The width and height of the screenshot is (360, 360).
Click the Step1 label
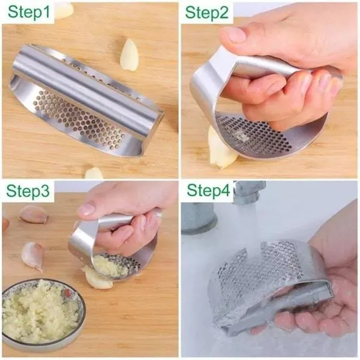29,12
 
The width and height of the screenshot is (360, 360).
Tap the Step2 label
206,13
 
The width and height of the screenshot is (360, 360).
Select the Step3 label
28,191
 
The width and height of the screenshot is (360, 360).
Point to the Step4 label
208,190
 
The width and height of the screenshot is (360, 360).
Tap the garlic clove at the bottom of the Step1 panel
94,173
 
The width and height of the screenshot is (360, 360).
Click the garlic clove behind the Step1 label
65,10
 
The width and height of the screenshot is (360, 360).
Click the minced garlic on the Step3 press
110,267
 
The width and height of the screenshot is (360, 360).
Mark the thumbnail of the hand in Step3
86,210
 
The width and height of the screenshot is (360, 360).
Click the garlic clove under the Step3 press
98,278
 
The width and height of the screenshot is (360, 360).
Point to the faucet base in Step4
199,217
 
